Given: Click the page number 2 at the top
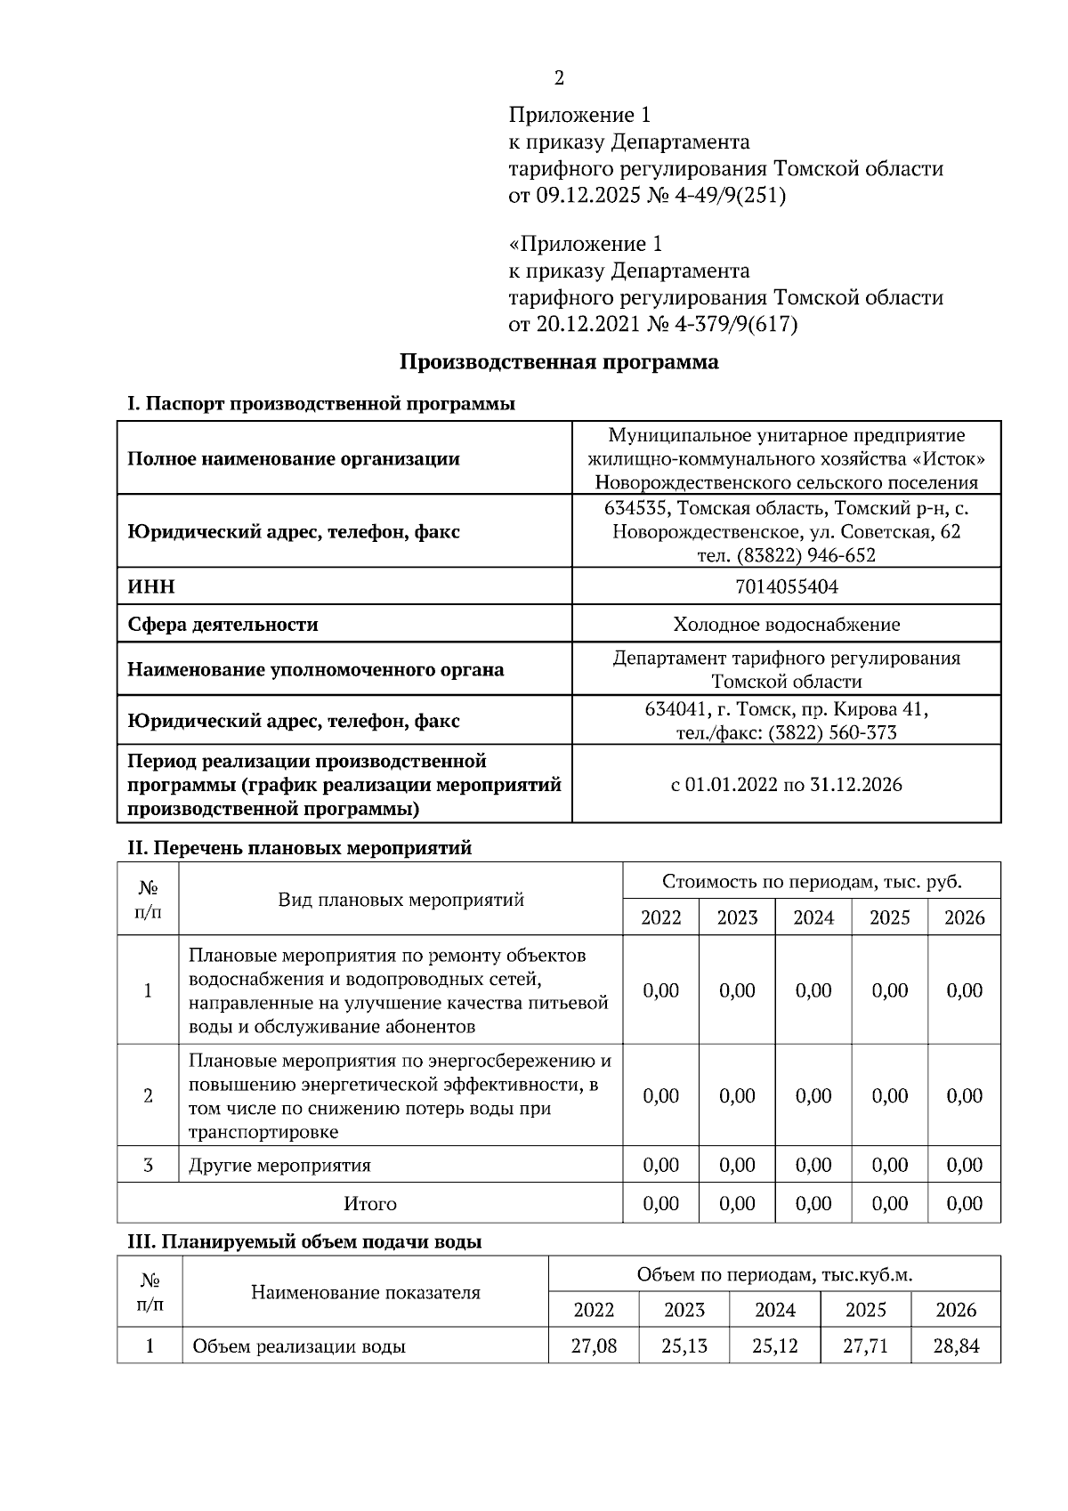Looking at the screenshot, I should [x=559, y=78].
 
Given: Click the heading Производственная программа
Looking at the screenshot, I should [x=559, y=362].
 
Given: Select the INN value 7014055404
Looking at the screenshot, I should [x=787, y=587].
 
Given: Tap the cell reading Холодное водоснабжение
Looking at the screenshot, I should [x=787, y=625].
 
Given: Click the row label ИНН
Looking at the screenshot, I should [x=151, y=587].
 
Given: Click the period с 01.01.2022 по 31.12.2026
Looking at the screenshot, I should [x=787, y=785].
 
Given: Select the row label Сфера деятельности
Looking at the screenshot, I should [x=222, y=625].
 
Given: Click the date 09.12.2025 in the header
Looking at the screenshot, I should [x=588, y=196].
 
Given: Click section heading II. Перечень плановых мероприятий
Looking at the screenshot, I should [x=299, y=848].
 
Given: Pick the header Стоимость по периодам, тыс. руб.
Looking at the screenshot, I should [x=812, y=882].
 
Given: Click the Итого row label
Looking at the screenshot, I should [x=370, y=1204].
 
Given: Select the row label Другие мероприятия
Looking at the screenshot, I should [x=279, y=1166].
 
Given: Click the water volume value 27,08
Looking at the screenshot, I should [x=594, y=1346].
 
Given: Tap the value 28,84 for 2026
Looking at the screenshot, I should [x=956, y=1346].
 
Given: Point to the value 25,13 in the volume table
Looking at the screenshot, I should [x=684, y=1346].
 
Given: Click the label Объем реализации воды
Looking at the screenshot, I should [x=299, y=1346].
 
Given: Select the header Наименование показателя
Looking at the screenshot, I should [x=365, y=1293].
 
